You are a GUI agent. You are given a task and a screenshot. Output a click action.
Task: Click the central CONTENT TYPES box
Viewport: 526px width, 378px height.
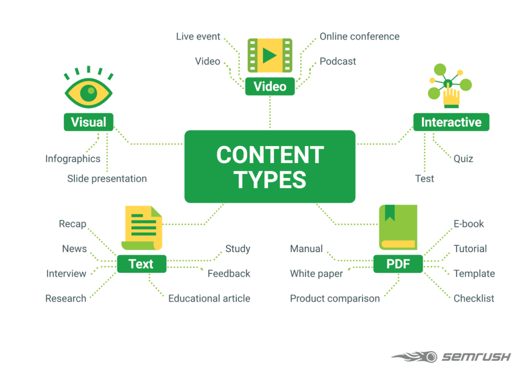point(270,166)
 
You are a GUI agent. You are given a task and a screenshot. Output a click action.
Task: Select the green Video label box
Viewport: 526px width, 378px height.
point(270,86)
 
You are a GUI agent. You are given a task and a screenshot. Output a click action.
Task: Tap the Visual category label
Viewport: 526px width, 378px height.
point(88,122)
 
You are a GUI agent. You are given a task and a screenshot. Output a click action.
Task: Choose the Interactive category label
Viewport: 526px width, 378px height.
point(451,122)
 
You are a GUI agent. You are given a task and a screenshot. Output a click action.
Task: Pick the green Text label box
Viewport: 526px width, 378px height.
point(141,264)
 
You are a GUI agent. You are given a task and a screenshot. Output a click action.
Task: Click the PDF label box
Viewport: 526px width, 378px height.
point(398,264)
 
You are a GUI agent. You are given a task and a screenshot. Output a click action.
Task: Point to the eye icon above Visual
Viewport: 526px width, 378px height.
point(88,91)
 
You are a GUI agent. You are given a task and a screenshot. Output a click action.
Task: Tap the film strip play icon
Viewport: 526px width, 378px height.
point(270,55)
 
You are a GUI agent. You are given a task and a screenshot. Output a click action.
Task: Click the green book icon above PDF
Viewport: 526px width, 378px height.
point(398,227)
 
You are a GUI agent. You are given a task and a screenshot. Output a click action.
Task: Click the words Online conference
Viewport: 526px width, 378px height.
point(359,36)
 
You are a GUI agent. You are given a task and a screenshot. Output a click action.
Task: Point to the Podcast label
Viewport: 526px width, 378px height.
point(337,62)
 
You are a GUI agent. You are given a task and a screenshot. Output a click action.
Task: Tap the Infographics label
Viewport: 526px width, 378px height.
point(72,158)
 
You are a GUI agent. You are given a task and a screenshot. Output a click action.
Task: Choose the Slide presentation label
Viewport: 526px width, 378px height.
point(107,178)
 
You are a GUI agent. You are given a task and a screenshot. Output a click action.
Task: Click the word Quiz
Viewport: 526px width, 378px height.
point(463,158)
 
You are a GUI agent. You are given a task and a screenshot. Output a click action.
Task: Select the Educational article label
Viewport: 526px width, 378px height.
point(209,299)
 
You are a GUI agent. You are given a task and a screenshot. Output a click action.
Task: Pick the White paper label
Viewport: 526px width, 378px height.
point(316,273)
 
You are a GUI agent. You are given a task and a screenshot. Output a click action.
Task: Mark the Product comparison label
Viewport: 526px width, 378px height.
point(334,299)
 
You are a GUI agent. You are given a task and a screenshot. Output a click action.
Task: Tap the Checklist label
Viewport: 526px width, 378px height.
point(474,299)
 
